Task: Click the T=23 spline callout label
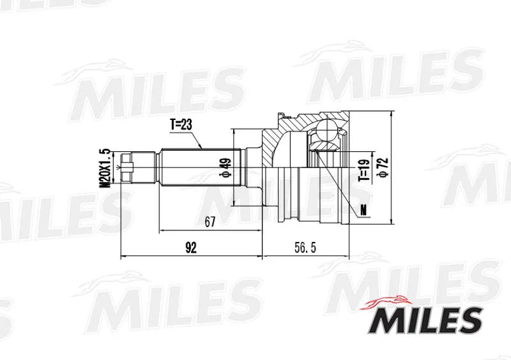[x=181, y=124]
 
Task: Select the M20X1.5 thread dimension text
[x=105, y=168]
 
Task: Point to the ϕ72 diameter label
[x=384, y=167]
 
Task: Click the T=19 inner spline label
[x=365, y=170]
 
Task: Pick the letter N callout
[x=363, y=211]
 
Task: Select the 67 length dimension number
[x=210, y=222]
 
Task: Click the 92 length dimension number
[x=191, y=248]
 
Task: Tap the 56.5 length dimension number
[x=305, y=248]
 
